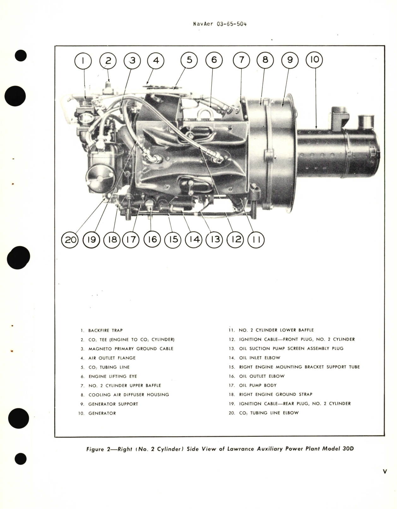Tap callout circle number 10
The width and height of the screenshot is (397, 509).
(x=315, y=60)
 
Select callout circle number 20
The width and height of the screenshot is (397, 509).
(x=70, y=240)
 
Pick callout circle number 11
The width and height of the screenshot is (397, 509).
(x=256, y=240)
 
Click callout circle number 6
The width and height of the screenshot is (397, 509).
(x=214, y=60)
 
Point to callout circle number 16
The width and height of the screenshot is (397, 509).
(x=152, y=240)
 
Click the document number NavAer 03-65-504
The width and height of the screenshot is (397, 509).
(x=220, y=24)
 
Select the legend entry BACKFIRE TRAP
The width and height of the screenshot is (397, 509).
(x=105, y=331)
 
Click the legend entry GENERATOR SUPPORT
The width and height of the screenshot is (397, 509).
(x=113, y=404)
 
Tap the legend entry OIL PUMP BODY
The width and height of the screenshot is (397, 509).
(x=258, y=385)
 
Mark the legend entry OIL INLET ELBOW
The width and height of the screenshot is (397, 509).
(x=259, y=358)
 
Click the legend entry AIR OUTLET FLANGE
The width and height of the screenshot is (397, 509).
(x=112, y=358)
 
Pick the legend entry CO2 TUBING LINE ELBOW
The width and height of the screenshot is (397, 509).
(x=269, y=413)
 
